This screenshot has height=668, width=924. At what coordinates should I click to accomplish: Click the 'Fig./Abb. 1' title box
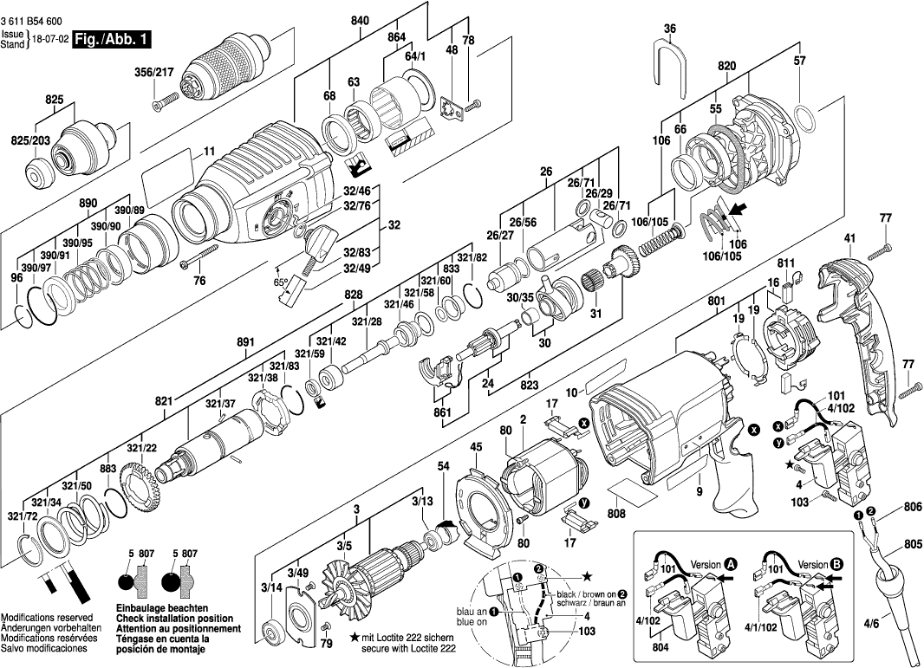[x=113, y=40]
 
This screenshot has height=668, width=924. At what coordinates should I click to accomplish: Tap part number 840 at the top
[x=361, y=19]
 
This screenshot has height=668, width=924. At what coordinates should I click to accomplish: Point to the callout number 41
[x=849, y=237]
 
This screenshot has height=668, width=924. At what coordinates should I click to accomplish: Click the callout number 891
[x=245, y=342]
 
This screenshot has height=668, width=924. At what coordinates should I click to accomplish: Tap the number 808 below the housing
[x=616, y=514]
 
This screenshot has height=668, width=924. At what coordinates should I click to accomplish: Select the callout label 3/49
[x=299, y=573]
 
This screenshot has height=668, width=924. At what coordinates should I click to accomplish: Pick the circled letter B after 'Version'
[x=836, y=564]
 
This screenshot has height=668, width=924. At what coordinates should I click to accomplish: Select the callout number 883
[x=107, y=469]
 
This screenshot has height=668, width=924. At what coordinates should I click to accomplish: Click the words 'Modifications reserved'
[x=49, y=615]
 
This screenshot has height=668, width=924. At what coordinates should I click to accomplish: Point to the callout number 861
[x=443, y=412]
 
